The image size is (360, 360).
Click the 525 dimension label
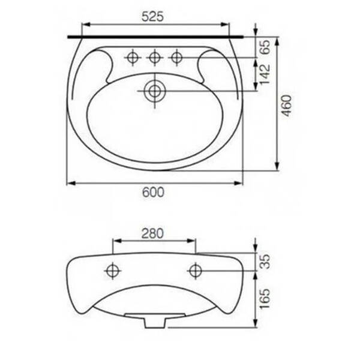coord(152,17)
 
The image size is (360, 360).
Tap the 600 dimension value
coord(153,192)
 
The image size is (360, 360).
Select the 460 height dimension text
coord(287,106)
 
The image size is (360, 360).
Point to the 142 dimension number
coord(265,74)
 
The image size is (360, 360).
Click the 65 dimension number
coord(265,47)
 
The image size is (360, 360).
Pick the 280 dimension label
coord(152,233)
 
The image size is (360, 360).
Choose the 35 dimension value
coord(266,262)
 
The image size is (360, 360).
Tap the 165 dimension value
coord(265,299)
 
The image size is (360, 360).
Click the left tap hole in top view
coord(133,58)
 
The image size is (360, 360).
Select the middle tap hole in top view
coord(155,58)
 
